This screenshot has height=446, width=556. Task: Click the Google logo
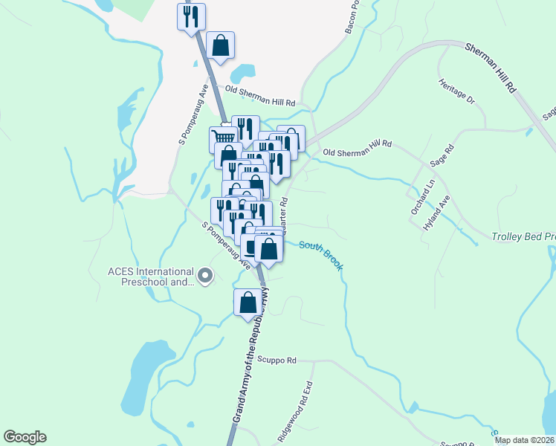[x=25, y=437]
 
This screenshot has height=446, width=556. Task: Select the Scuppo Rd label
[x=279, y=360]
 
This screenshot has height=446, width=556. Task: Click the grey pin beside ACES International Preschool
[x=206, y=277]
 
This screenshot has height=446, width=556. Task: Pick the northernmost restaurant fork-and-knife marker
[x=192, y=16]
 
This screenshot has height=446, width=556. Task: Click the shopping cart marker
[x=224, y=137]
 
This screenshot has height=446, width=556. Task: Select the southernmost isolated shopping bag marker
[x=248, y=303]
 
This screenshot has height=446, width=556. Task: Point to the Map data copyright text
[x=525, y=440]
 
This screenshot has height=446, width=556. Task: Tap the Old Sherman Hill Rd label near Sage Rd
[x=357, y=144]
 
